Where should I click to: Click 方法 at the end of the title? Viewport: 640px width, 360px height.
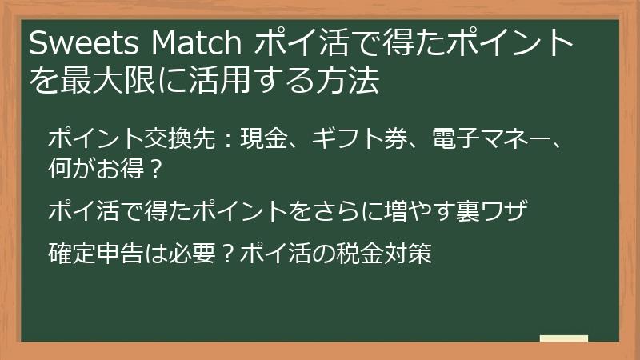click(x=350, y=81)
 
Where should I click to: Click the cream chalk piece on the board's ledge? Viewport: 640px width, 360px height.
click(x=563, y=339)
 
